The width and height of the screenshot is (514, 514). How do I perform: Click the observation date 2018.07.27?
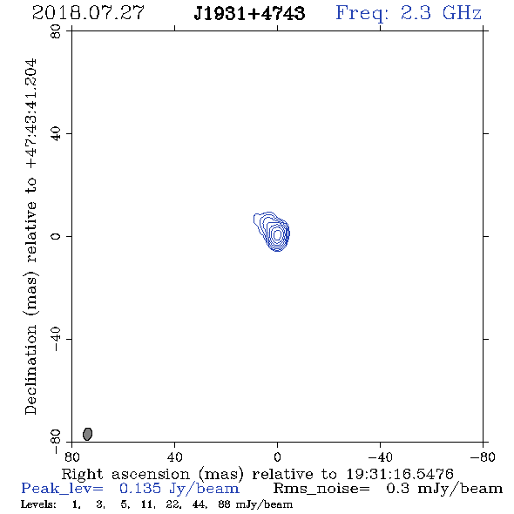pos(88,13)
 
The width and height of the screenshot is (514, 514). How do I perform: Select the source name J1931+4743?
pos(249,13)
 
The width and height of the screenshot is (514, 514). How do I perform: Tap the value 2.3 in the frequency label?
pos(416,13)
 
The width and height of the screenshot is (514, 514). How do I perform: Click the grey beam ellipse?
pos(87,434)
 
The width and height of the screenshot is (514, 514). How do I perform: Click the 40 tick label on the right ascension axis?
pos(174,457)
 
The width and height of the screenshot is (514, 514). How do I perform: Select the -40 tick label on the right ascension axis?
pos(380,457)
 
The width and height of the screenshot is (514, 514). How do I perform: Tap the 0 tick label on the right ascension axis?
pos(277,457)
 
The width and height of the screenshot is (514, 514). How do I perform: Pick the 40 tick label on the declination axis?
pos(56,134)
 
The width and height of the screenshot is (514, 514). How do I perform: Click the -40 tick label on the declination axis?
pos(56,339)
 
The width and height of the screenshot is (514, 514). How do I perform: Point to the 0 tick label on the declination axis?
pos(56,236)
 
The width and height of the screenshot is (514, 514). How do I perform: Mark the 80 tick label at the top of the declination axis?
pos(56,31)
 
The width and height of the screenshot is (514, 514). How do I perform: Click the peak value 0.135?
pos(140,489)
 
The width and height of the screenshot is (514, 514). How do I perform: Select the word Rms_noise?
pos(321,489)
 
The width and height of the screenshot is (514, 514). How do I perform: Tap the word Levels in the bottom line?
pos(38,504)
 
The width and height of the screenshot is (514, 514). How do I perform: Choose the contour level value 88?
pos(225,504)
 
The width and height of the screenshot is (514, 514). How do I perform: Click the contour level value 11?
pos(146,504)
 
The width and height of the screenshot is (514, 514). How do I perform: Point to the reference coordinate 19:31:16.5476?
pos(400,474)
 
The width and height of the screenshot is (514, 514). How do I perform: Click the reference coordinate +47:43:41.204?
pos(31,113)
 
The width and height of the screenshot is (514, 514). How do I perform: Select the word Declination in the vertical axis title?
pos(31,369)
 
